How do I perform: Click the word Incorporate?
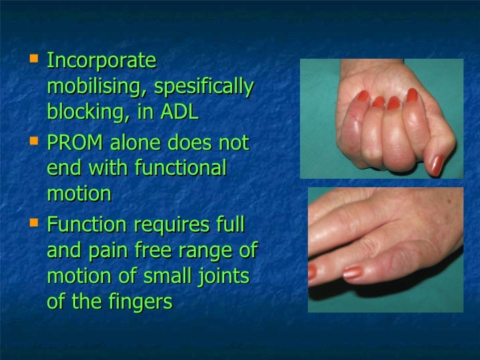102,61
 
